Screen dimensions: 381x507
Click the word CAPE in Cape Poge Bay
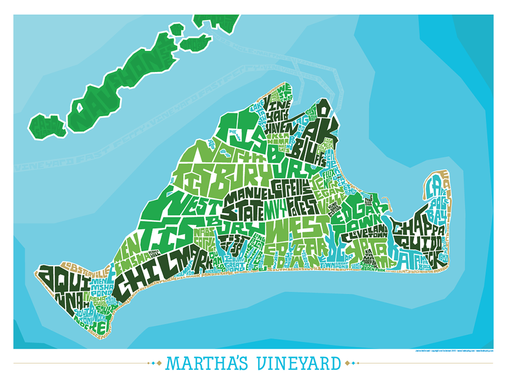434,185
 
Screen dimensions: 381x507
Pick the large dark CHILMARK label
153,273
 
